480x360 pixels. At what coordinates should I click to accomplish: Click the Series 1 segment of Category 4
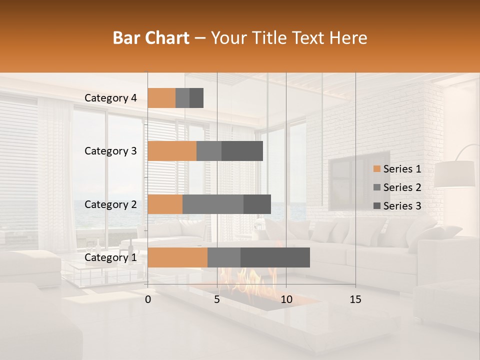point(161,98)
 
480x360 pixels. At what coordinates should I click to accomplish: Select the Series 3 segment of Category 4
point(196,98)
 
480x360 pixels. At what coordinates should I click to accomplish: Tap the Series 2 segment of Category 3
point(209,151)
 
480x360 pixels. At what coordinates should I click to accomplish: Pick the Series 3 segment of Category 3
point(242,151)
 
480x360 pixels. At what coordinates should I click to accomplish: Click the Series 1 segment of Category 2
point(165,204)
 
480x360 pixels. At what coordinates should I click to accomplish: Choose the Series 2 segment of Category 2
point(213,204)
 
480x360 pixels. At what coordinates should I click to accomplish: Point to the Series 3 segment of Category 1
point(275,257)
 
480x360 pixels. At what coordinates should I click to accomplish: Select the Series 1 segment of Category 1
point(177,257)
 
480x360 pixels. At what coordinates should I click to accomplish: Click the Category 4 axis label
point(110,98)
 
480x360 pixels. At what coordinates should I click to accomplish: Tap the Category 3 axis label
point(110,151)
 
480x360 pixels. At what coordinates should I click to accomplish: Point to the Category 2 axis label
point(110,204)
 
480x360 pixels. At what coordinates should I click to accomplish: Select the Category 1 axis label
point(110,257)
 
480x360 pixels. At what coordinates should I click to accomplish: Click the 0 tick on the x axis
point(148,299)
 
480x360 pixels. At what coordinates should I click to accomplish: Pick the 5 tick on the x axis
point(217,299)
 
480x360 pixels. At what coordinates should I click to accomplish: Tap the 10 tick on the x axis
point(286,299)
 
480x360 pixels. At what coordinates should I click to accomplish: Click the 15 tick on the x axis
point(355,299)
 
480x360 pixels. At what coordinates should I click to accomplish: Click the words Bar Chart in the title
point(151,37)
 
